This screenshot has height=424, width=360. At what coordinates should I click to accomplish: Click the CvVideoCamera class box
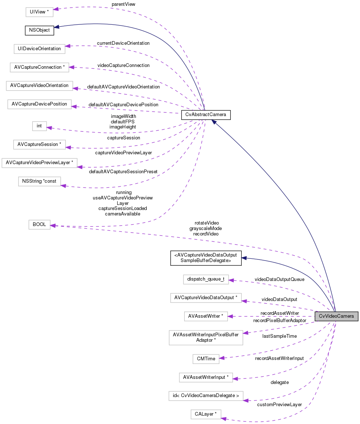point(336,316)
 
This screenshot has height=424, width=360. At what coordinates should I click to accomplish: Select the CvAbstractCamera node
point(206,115)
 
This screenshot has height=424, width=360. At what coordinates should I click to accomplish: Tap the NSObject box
point(39,30)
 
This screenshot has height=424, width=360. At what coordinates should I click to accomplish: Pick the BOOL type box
point(39,225)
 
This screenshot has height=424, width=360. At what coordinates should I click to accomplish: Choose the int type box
point(39,126)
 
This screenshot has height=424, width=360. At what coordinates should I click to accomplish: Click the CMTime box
point(206,358)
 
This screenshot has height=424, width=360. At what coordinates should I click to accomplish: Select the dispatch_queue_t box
point(206,280)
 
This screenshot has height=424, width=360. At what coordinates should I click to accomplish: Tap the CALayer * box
point(206,414)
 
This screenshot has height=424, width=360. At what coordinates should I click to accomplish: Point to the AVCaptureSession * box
point(39,144)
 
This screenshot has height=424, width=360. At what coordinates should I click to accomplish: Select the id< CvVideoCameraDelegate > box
point(206,396)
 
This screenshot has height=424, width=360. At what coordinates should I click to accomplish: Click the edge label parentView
point(124,4)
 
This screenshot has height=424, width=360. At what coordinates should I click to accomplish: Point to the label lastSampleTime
point(280,336)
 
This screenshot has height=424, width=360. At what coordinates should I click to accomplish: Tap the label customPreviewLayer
point(279,404)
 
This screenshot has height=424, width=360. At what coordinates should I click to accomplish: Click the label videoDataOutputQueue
point(279,279)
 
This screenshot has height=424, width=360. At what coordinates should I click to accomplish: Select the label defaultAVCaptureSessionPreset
point(123,171)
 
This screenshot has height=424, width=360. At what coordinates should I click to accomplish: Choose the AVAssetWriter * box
point(206,316)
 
